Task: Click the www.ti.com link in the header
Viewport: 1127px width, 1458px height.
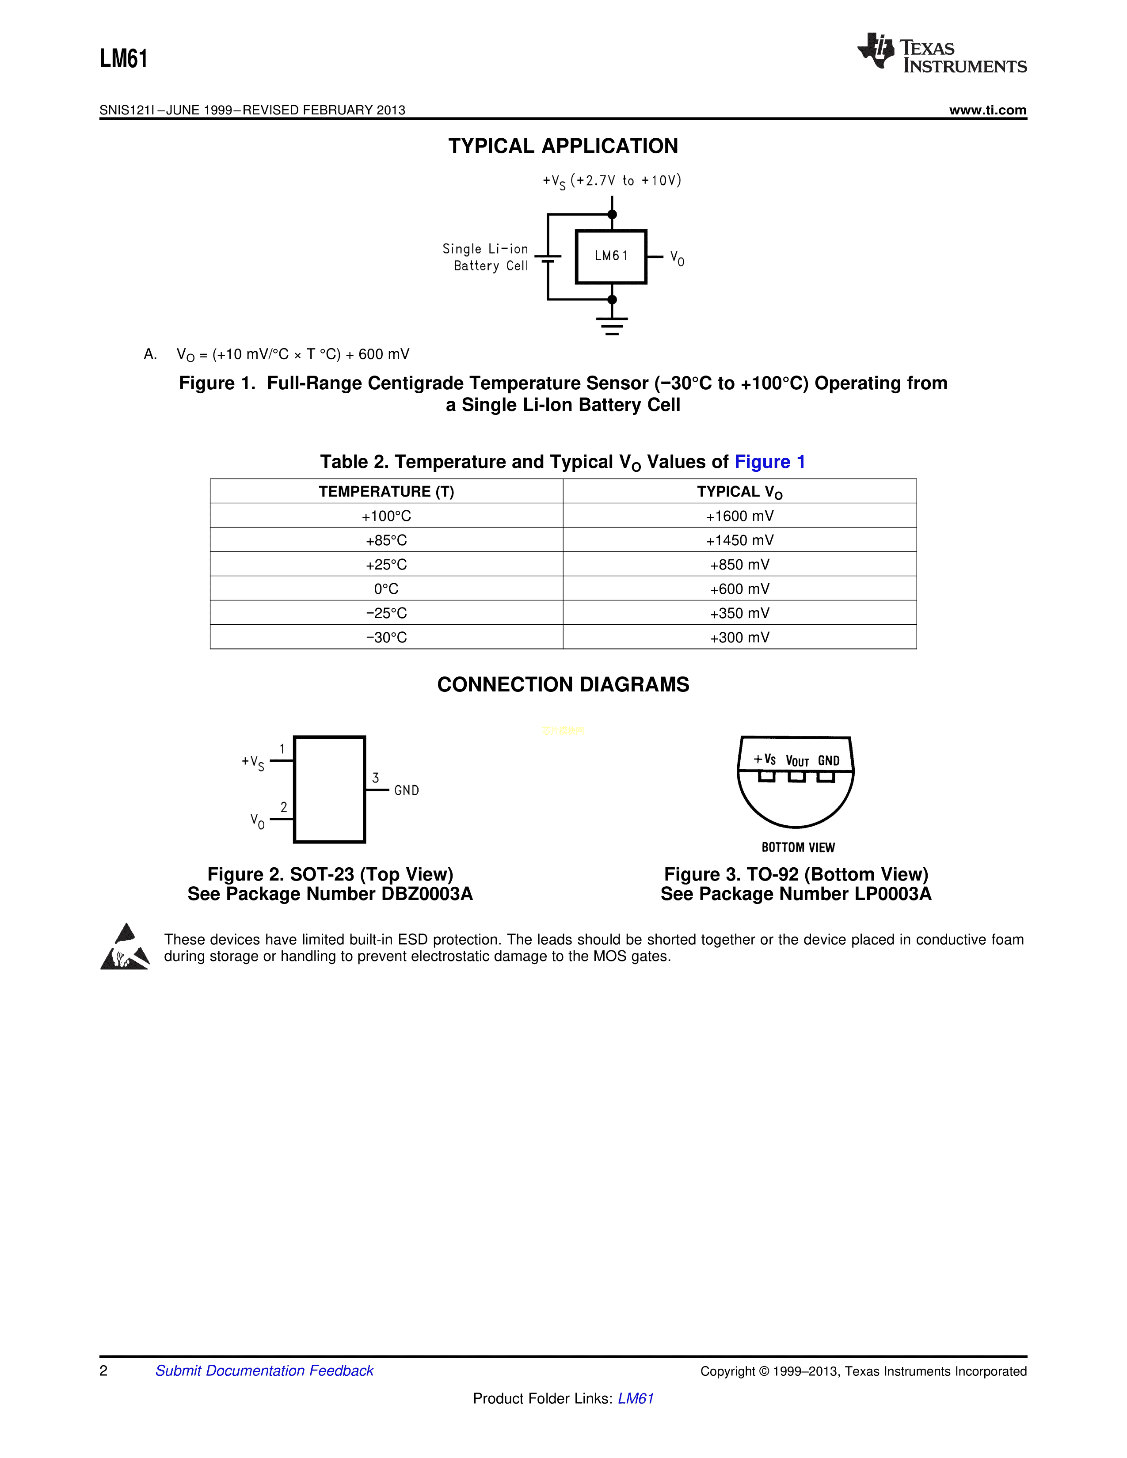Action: [x=987, y=110]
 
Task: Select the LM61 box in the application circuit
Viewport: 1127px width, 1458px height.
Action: [x=611, y=256]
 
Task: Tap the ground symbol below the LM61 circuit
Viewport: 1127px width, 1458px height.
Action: [x=612, y=325]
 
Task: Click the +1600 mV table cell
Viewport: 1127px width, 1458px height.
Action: [x=739, y=516]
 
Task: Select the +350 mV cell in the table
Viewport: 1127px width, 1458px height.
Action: [x=739, y=613]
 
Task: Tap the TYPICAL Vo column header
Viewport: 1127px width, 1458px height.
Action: [x=739, y=492]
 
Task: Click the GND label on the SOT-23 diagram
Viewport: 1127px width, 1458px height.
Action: [x=406, y=790]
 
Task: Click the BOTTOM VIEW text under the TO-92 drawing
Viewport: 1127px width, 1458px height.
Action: [x=798, y=847]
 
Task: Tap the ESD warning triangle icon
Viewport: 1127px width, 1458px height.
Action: [x=125, y=947]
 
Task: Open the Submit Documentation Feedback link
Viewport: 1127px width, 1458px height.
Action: [x=264, y=1371]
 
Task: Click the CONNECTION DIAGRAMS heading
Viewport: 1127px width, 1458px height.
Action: [x=563, y=684]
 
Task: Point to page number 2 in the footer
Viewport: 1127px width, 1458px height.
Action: [x=103, y=1371]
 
